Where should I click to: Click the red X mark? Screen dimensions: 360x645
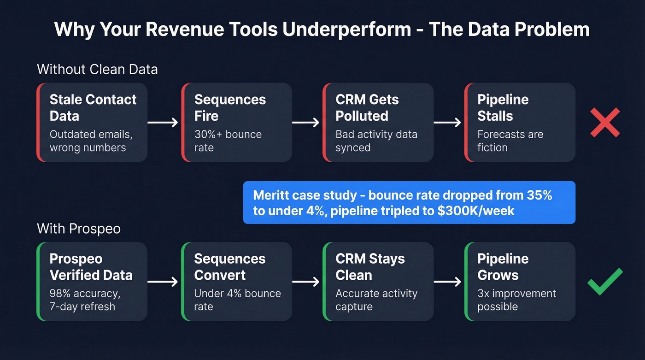coord(605,122)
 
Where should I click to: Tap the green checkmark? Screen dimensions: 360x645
coord(605,281)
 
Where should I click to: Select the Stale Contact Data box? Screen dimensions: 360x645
coord(92,122)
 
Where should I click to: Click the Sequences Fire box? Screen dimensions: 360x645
coord(237,122)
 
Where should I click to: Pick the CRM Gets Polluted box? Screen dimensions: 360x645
coord(378,122)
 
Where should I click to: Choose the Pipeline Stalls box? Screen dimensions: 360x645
coord(520,122)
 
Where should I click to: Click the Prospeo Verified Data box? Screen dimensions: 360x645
coord(92,282)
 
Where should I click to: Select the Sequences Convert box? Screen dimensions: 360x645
coord(237,282)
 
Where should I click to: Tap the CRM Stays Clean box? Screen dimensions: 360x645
coord(378,282)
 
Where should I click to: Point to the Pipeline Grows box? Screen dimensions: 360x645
coord(520,282)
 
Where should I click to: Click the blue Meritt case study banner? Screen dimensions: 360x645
coord(409,202)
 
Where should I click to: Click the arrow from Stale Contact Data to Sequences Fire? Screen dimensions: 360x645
coord(163,122)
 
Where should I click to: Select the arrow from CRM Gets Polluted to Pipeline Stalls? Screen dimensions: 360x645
coord(447,122)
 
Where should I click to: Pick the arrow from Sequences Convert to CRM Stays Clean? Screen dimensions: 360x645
coord(305,282)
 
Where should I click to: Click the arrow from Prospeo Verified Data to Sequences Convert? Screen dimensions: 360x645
coord(163,282)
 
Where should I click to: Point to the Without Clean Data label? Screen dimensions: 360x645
coord(97,70)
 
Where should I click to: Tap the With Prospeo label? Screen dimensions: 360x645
coord(78,228)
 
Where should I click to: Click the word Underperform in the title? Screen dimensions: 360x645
coord(346,30)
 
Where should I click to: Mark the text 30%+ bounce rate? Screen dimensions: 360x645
coord(228,141)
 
